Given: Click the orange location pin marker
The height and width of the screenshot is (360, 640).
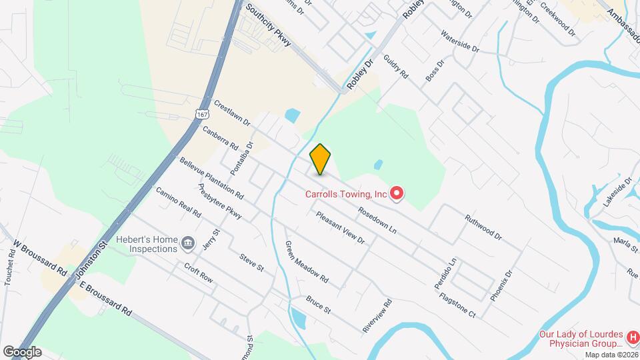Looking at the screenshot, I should click(321, 159).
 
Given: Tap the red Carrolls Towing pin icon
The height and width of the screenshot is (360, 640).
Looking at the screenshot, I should click(397, 194).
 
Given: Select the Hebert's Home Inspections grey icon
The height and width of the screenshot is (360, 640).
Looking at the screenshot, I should click(189, 244).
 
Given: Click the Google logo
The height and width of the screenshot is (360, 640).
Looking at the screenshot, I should click(21, 352).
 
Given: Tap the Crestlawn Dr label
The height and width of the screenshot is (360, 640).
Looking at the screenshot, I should click(232, 114).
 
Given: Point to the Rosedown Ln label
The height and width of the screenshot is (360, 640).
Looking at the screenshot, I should click(377, 221).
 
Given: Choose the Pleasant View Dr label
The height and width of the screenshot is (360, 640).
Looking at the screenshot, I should click(341, 227).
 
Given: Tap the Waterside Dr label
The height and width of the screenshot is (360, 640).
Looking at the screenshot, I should click(460, 41).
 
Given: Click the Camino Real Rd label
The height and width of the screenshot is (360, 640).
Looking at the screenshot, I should click(178, 203).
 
